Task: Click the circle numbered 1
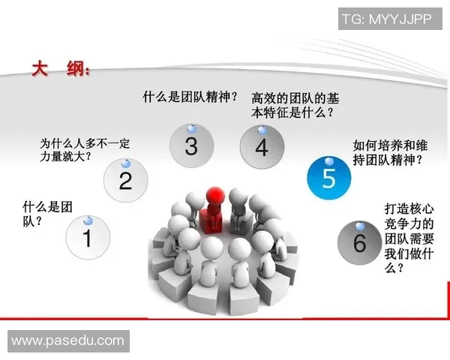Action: pos(88,238)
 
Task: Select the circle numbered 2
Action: pos(125,181)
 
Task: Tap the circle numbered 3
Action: pos(191,145)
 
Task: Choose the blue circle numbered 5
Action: pos(328,178)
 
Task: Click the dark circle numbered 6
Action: pos(359,242)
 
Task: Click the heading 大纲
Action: pos(60,70)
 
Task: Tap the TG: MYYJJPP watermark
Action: pos(387,19)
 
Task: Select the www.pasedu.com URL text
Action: pos(67,341)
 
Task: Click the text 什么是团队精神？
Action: pos(190,96)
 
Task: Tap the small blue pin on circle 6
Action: pos(361,226)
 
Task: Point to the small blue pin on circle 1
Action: pos(88,220)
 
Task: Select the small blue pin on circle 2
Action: pos(126,163)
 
